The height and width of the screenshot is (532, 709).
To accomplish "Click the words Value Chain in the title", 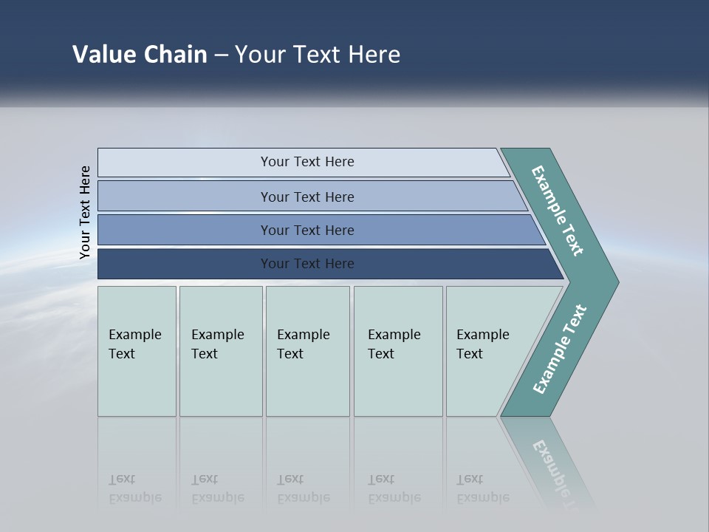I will click(140, 55).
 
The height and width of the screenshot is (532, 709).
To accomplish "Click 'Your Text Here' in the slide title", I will click(318, 55).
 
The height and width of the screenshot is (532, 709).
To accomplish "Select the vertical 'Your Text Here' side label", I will click(85, 212).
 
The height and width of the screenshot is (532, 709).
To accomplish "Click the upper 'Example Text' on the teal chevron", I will click(558, 211).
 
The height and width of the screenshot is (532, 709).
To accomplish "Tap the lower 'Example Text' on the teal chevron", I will click(559, 349).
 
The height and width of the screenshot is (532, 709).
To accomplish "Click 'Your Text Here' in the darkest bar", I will click(307, 264).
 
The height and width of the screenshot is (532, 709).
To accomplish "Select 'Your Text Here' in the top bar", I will click(307, 162).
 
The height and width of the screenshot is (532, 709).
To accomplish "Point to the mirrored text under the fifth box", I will click(482, 489).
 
